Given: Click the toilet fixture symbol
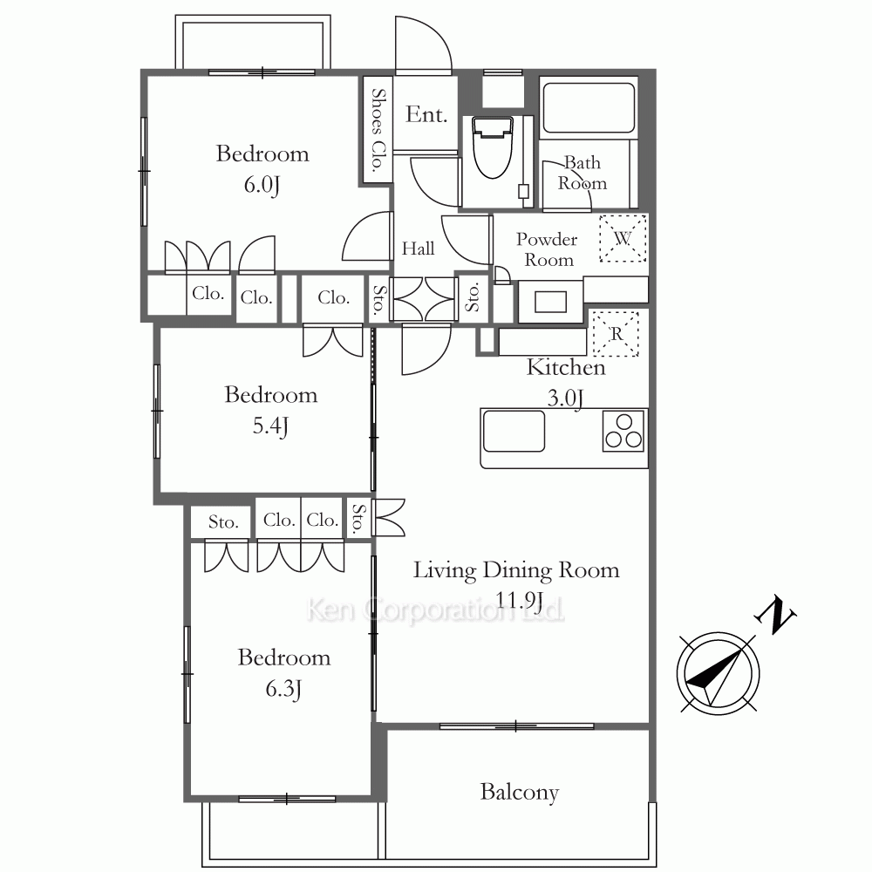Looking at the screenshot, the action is click(492, 146).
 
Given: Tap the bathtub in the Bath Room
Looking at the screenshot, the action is click(589, 108).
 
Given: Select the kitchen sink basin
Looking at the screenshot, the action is click(514, 431).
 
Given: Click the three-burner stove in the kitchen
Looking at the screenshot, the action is click(623, 431).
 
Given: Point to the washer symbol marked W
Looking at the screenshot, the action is click(623, 238).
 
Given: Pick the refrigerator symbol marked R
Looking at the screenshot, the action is click(616, 333).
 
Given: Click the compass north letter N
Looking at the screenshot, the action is click(775, 616).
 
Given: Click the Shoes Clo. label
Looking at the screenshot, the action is click(378, 130).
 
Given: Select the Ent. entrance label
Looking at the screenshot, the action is click(426, 114).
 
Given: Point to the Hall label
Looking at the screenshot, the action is click(419, 248).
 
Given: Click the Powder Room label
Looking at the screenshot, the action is click(548, 249).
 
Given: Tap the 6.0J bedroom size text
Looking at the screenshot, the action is click(262, 184).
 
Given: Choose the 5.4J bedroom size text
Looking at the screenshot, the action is click(270, 426).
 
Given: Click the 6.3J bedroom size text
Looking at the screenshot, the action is click(283, 689).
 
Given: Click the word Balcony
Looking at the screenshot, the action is click(520, 792).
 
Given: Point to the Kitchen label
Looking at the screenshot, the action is click(566, 367).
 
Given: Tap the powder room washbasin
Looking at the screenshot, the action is click(550, 302).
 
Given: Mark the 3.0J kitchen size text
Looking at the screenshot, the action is click(565, 399).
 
